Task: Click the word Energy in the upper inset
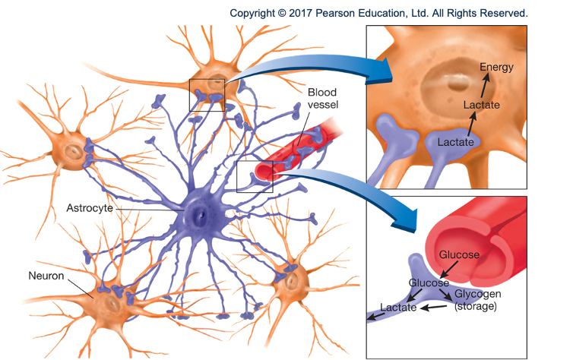497,67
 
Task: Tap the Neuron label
45,276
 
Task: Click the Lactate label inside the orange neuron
481,105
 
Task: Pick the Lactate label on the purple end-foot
456,141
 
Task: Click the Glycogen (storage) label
477,300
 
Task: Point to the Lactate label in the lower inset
397,308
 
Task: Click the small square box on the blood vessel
255,176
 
